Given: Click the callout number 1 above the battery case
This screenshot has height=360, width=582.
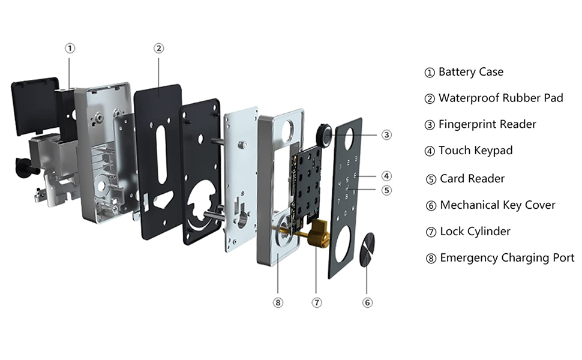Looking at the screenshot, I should tap(70, 48).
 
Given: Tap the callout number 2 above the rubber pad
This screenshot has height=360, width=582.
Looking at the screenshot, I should tap(159, 48).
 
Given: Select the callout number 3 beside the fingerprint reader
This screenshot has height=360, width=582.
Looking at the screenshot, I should tap(386, 135).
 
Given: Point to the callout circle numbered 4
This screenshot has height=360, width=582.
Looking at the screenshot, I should tap(386, 176).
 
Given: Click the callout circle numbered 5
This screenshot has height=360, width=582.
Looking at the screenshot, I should tap(386, 190).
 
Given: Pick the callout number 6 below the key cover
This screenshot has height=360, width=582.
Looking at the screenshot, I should tap(368, 302).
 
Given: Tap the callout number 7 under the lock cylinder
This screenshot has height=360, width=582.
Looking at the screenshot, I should tap(317, 302).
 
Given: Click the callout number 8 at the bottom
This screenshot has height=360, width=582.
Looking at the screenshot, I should tap(277, 302).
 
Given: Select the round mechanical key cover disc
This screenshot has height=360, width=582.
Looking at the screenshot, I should tap(367, 250).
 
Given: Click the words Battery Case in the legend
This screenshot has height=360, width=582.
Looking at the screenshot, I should tap(471, 72).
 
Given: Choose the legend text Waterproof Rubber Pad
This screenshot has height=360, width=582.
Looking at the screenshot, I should tap(501, 98).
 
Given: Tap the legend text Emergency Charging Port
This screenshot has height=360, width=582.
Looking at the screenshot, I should tap(507, 258).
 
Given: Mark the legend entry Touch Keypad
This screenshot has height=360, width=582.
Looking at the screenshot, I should tap(475, 151).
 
